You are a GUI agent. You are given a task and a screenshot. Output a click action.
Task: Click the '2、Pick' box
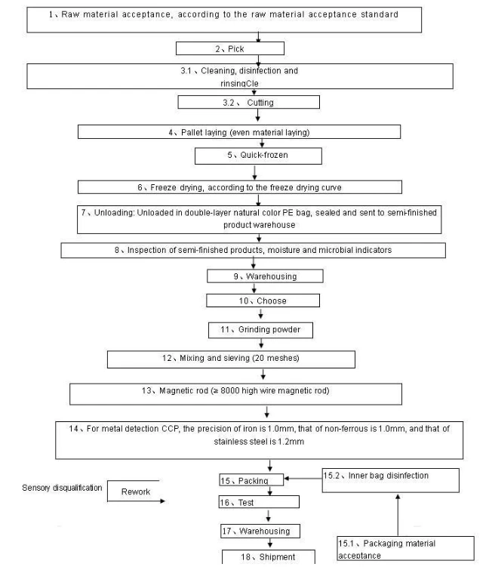tap(230, 48)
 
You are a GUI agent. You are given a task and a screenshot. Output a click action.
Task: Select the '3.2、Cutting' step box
tap(249, 102)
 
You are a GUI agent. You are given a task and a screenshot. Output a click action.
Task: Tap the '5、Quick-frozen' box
tap(258, 156)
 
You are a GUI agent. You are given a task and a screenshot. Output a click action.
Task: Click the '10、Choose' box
tap(263, 300)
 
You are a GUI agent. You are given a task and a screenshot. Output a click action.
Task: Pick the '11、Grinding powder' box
tap(260, 330)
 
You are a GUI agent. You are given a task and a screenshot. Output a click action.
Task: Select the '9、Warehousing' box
tap(265, 276)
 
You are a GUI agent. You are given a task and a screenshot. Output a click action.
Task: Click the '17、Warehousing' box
tap(260, 531)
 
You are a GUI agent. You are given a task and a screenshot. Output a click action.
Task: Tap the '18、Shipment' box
tap(268, 557)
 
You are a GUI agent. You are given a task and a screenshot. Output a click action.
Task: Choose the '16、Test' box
tap(259, 502)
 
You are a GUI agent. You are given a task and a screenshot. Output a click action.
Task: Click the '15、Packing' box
tap(251, 480)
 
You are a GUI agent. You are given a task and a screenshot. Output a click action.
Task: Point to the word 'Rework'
tap(136, 492)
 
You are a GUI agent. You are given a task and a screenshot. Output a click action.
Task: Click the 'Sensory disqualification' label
tap(62, 488)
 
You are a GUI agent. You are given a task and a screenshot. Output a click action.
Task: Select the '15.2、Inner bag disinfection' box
tap(391, 480)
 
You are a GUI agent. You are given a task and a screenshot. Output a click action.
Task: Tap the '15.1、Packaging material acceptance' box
tap(405, 549)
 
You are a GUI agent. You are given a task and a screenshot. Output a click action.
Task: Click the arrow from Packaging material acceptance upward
tap(398, 516)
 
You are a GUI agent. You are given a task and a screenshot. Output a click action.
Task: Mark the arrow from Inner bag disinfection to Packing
tap(303, 479)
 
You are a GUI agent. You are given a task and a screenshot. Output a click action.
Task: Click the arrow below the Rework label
tap(137, 501)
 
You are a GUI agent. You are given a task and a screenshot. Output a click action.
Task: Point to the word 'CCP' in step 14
tap(171, 429)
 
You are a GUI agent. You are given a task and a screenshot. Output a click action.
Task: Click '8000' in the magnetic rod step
tap(230, 390)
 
